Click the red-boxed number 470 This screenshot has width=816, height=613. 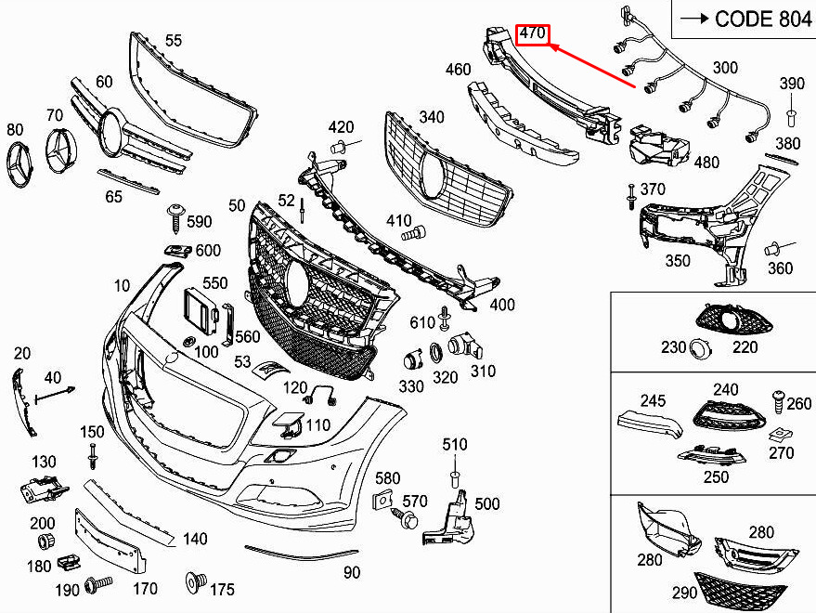pos(532,33)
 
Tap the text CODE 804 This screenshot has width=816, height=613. pos(762,20)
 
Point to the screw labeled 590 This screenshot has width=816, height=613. pos(175,218)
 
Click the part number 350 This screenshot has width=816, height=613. pos(678,260)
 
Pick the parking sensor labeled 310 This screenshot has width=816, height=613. pos(465,346)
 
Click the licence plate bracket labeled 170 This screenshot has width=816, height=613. pos(110,540)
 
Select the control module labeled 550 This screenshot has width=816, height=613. pos(201,311)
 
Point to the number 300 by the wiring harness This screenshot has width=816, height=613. pos(725,67)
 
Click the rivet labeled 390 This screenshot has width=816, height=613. pos(792,117)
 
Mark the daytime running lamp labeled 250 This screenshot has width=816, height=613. pos(711,455)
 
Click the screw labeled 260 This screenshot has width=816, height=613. pos(779,401)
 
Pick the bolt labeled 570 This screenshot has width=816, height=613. pos(405,517)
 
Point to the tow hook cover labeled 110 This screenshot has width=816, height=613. pos(286,424)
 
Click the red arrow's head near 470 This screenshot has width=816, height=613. pos(551,46)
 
